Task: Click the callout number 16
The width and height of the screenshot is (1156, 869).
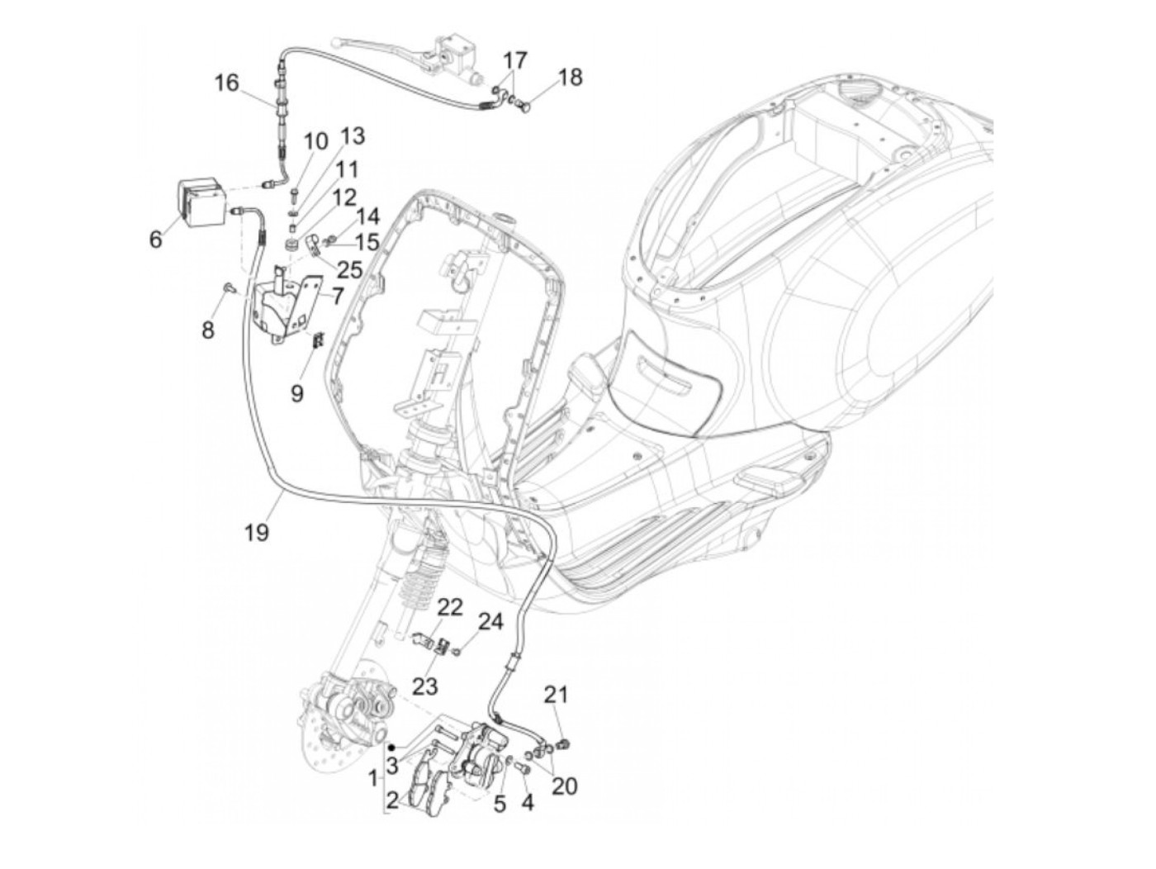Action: tap(226, 83)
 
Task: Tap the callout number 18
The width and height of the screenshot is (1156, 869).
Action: tap(570, 78)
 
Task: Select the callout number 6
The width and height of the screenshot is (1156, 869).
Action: tap(156, 240)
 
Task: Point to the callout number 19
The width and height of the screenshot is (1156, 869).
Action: tap(257, 532)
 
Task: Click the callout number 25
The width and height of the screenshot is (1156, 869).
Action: tap(350, 268)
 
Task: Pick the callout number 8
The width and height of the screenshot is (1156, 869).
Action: tap(207, 330)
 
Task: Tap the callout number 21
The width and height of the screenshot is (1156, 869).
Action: tap(556, 696)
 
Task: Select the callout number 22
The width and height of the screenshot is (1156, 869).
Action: tap(450, 608)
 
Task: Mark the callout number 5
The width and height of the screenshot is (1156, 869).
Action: tap(499, 803)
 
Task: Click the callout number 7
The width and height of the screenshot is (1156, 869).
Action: tap(336, 295)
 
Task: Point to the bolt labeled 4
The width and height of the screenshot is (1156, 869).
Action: tap(522, 770)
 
